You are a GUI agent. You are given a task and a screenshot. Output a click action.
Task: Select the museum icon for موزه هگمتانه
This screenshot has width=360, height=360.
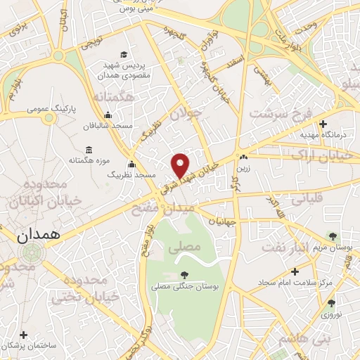pos(88,150)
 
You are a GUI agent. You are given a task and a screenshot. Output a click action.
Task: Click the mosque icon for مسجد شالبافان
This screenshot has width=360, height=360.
pos(107,116)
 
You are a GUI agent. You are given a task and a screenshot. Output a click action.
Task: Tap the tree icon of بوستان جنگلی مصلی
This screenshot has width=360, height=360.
pos(184,275)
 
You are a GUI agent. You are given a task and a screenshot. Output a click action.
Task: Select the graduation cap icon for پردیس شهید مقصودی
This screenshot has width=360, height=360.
pos(124,55)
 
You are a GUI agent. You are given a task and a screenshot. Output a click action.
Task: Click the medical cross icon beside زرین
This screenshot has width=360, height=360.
pos(243,157)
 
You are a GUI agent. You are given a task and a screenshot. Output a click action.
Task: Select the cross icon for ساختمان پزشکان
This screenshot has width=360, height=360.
pos(25,334)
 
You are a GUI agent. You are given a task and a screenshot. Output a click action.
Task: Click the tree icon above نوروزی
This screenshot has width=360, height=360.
pos(332,303)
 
